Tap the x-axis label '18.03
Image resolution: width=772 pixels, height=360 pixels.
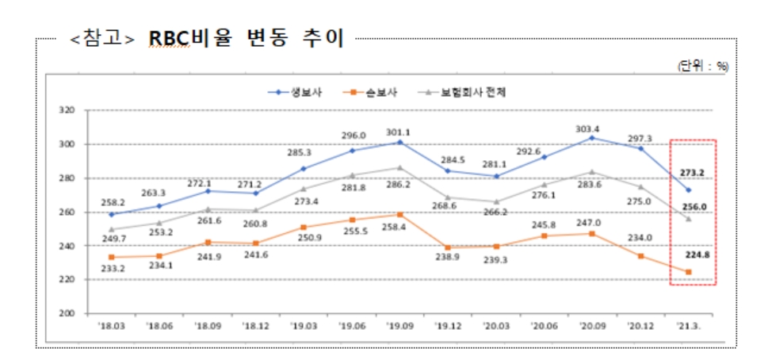[111, 325]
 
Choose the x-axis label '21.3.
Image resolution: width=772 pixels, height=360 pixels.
[688, 325]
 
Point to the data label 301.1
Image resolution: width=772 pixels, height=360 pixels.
[399, 132]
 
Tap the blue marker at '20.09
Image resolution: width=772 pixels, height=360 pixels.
[591, 138]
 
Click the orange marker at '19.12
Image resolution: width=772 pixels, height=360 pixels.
[448, 247]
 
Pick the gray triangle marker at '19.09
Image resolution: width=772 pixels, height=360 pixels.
[399, 167]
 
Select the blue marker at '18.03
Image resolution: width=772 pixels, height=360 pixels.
[111, 214]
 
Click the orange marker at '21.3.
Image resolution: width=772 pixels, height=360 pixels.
[688, 272]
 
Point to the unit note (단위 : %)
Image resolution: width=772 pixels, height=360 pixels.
[701, 67]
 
